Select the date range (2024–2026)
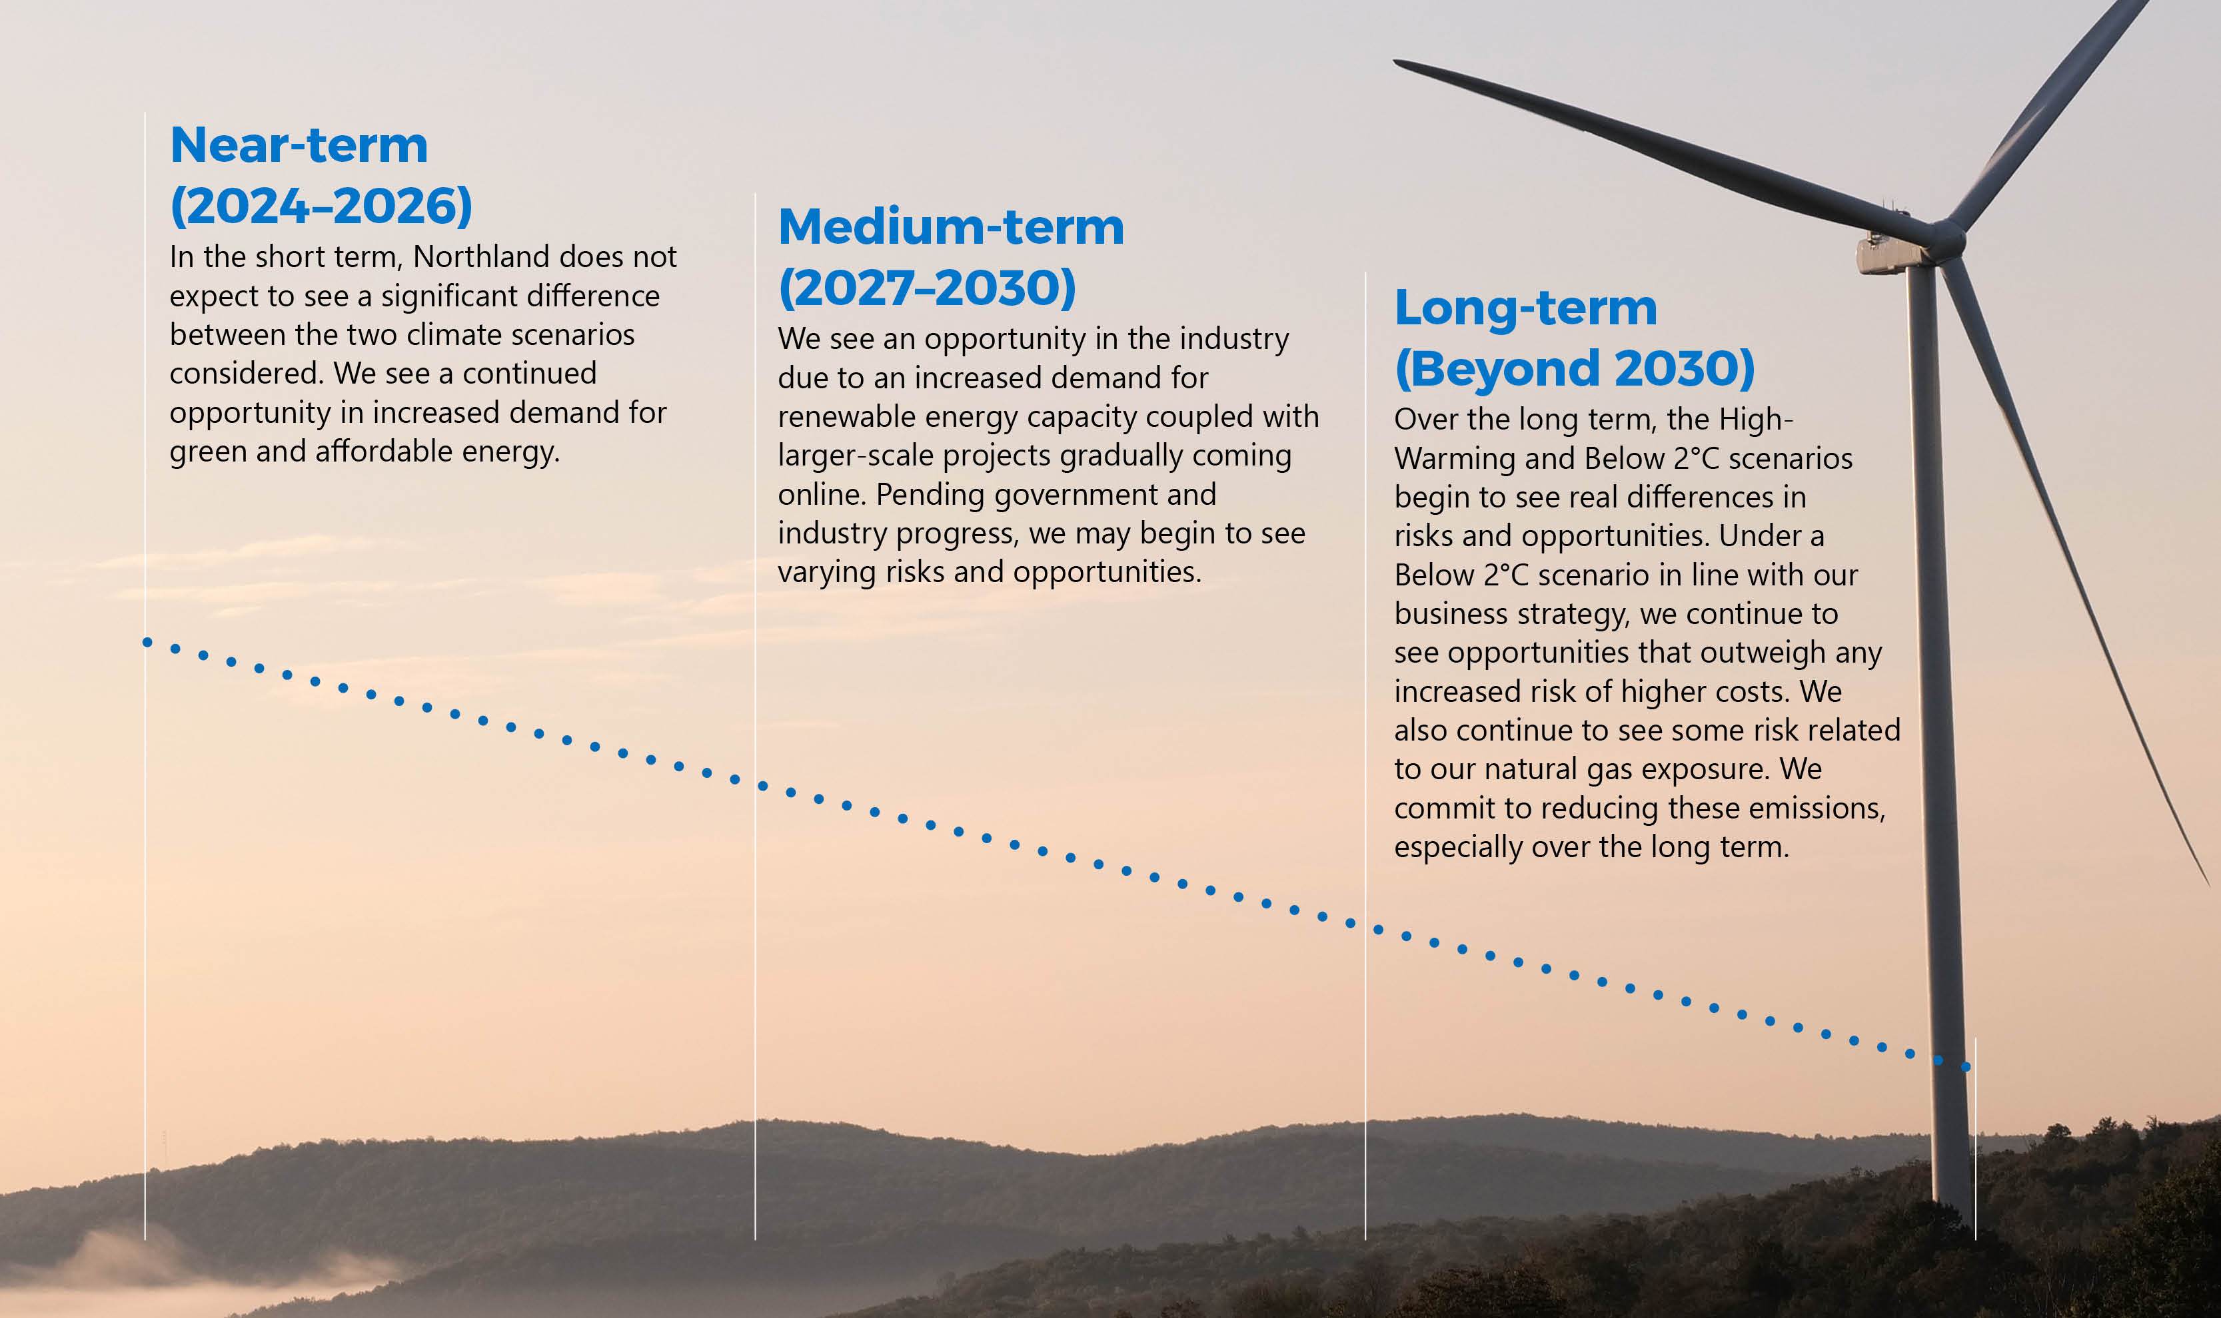tap(321, 206)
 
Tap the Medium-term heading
tap(951, 226)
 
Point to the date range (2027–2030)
tap(927, 288)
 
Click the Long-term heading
tap(1525, 308)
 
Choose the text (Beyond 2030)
tap(1574, 368)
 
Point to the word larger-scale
tap(856, 456)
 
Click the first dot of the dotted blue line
tap(147, 642)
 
